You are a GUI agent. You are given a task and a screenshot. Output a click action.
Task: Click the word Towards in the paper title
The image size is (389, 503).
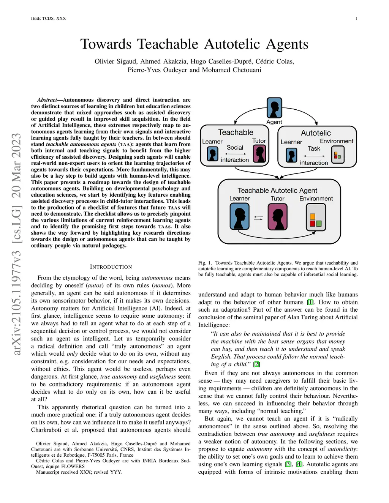coord(106,44)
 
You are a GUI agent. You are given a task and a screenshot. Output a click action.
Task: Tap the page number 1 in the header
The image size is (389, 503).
coord(356,18)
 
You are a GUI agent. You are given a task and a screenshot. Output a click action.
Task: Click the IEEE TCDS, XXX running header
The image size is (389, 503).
coord(48,18)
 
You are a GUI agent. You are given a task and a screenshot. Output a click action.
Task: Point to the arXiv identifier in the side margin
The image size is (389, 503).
coord(16,244)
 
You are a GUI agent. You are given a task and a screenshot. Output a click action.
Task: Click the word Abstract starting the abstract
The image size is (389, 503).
coord(47,100)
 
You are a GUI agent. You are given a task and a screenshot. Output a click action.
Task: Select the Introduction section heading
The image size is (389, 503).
coord(111,267)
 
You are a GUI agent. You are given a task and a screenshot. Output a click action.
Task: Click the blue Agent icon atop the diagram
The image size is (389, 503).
coord(274,108)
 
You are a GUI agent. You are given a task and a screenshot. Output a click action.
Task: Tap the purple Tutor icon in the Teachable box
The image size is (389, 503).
coord(259,154)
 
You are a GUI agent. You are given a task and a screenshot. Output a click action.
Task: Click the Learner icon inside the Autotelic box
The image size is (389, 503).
coord(291,155)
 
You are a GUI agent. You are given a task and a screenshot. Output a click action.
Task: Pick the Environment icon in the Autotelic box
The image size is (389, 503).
coord(338,155)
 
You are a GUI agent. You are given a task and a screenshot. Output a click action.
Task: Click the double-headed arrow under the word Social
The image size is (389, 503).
coord(235,154)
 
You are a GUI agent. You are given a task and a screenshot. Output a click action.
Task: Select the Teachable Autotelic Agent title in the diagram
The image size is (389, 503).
coord(277,190)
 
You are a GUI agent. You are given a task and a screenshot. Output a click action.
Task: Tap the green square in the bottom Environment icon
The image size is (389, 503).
coord(319,223)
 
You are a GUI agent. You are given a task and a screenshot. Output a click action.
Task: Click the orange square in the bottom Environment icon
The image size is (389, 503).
coord(313,217)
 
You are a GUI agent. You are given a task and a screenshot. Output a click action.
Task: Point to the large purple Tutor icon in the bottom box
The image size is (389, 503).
coord(277,217)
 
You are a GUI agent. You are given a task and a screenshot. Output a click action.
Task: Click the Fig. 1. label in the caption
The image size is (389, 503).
coord(205,263)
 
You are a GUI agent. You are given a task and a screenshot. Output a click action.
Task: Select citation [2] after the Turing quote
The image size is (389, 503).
coord(257,364)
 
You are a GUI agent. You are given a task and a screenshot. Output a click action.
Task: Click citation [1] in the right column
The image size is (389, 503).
coord(310,302)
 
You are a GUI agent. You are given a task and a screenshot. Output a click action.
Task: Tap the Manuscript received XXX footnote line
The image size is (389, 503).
coord(79,472)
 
